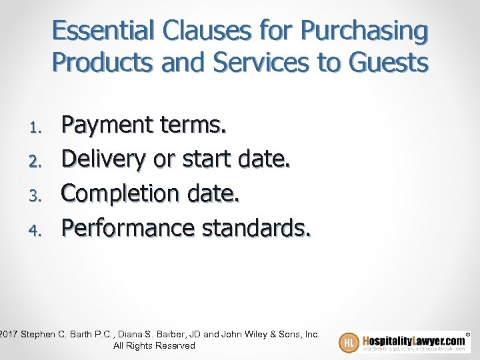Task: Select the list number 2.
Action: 38,160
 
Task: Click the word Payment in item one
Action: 109,125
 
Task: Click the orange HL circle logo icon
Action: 349,342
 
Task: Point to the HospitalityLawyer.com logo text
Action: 413,337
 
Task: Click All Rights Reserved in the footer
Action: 154,345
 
